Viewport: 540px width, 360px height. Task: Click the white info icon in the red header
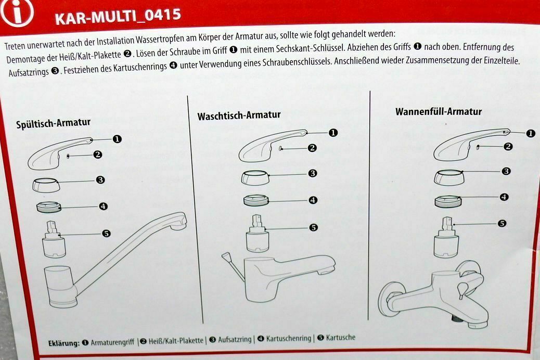[x=17, y=12]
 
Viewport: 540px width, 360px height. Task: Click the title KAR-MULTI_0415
[x=118, y=17]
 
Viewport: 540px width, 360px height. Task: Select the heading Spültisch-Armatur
[x=54, y=123]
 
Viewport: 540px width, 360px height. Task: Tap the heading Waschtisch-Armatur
[x=239, y=115]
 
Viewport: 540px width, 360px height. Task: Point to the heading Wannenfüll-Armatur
[x=439, y=112]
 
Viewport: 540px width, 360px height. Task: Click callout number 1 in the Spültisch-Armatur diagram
[x=117, y=139]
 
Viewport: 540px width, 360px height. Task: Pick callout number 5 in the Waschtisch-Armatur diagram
[x=313, y=227]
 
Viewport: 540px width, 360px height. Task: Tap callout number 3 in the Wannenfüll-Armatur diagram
[x=506, y=171]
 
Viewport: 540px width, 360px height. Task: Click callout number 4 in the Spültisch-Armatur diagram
[x=103, y=207]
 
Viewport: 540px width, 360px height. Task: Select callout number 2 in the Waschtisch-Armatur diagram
[x=312, y=148]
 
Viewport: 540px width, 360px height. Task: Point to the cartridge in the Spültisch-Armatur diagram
[x=54, y=239]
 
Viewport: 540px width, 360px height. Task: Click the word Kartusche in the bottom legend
[x=340, y=338]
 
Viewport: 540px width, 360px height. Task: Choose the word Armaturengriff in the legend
[x=112, y=342]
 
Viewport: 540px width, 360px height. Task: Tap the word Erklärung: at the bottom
[x=64, y=343]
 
